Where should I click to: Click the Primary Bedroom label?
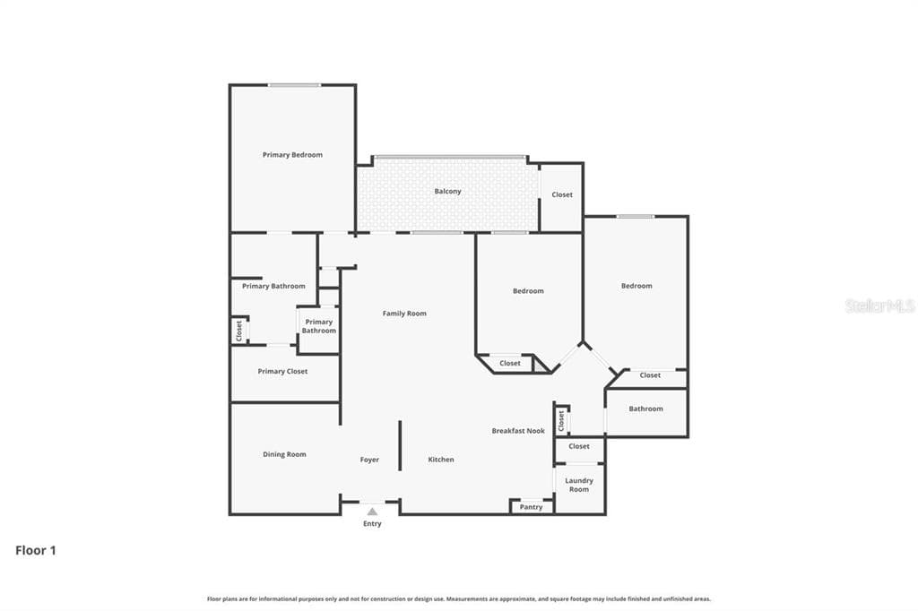coord(292,155)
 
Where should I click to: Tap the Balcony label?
coord(448,192)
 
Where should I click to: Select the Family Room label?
coord(404,314)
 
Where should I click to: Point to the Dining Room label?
coord(284,454)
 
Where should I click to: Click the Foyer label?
coord(369,460)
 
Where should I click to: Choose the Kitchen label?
coord(441,460)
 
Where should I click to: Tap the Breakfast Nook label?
coord(518,431)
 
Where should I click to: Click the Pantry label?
coord(531,507)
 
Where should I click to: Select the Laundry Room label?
coord(579,485)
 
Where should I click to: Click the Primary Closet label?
coord(282,372)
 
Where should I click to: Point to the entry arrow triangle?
coord(372,512)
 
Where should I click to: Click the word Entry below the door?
coord(372,524)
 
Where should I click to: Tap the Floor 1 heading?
coord(36,550)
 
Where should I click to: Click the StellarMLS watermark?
coord(880,305)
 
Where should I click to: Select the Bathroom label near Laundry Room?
coord(645,409)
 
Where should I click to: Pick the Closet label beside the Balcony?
coord(562,195)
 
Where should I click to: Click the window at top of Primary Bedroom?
coord(294,85)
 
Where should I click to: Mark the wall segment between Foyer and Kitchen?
coord(401,445)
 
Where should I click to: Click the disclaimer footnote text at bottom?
coord(459,598)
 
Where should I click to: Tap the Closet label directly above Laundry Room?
coord(579,446)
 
